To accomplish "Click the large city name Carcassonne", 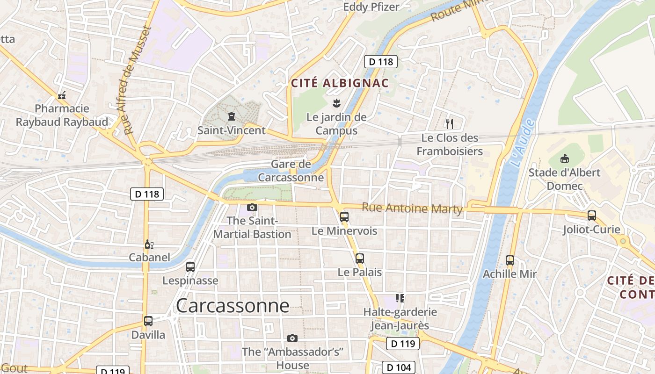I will [233, 306].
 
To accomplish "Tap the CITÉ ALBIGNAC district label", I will [340, 83].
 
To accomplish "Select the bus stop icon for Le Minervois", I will [344, 216].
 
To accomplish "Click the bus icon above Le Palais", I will [359, 258].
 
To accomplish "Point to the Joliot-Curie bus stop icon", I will [592, 216].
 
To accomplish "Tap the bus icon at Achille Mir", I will [510, 260].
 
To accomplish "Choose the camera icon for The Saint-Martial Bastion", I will [252, 207].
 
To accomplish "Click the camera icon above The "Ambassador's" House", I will [292, 338].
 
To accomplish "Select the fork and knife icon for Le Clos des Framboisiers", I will [449, 124].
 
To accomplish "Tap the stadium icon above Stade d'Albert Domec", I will [564, 158].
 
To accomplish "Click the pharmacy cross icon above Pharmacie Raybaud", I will [62, 96].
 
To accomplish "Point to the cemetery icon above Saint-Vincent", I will [231, 116].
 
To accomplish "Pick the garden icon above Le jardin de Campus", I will [336, 103].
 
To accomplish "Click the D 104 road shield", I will [399, 367].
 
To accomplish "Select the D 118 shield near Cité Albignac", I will [381, 61].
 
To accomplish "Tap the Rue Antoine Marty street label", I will [412, 209].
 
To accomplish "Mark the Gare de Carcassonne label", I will [291, 171].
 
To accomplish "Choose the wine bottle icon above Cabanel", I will [148, 244].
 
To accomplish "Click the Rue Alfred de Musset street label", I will [138, 80].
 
